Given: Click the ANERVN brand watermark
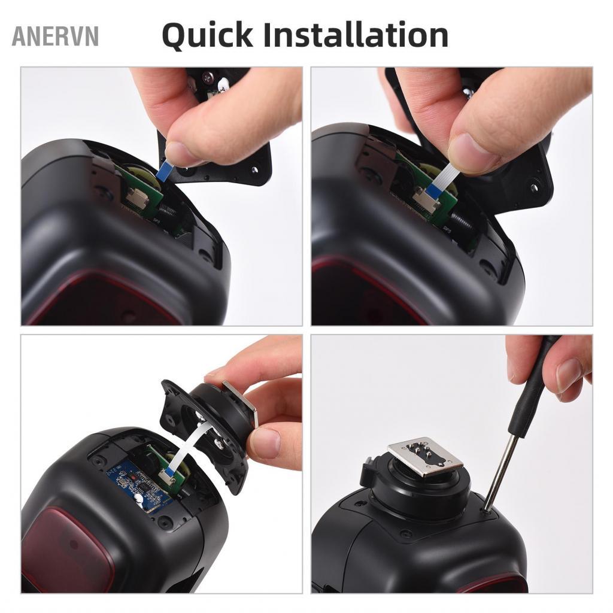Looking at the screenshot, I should pyautogui.click(x=55, y=37).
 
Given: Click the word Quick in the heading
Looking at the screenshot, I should pyautogui.click(x=204, y=35).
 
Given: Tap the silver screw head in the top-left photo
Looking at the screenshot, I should pyautogui.click(x=208, y=77).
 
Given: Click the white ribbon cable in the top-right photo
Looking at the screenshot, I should pyautogui.click(x=445, y=177).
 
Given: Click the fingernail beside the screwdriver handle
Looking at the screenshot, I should pyautogui.click(x=569, y=375).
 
